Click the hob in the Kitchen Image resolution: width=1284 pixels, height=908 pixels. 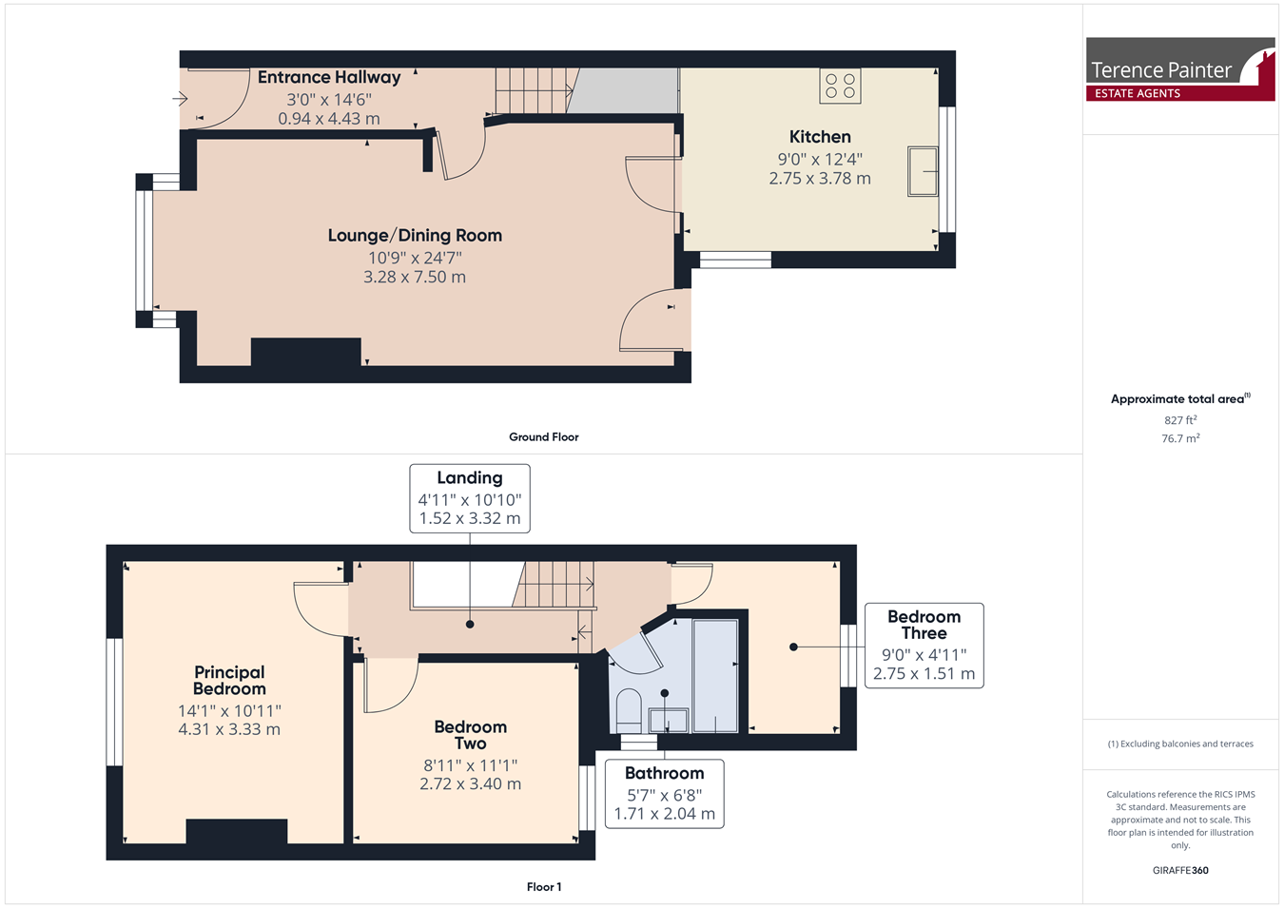(840, 86)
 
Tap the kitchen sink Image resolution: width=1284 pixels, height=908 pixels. (923, 171)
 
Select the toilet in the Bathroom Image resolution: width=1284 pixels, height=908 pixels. (629, 710)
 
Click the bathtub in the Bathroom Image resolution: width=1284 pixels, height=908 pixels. (715, 676)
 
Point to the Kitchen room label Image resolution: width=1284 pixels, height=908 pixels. (820, 137)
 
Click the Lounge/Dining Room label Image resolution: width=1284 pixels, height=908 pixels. (415, 236)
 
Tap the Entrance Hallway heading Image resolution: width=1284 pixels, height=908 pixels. (329, 77)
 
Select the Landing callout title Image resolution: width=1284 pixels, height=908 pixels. (470, 478)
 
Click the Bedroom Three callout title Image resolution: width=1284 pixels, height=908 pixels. (924, 625)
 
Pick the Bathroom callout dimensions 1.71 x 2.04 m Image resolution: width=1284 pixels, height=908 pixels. (665, 814)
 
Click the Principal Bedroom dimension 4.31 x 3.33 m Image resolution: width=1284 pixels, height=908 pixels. (229, 729)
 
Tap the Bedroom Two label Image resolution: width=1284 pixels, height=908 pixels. (471, 735)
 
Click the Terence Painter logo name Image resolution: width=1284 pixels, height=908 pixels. (1160, 70)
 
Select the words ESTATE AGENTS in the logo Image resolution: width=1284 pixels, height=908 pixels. (1138, 93)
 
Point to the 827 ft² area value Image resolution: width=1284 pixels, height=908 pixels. (1180, 420)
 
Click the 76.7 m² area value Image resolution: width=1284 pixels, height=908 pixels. (1180, 438)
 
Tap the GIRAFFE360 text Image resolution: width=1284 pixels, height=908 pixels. (1180, 870)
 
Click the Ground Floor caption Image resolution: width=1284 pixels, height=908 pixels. (543, 437)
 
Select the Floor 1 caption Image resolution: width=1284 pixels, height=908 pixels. (543, 887)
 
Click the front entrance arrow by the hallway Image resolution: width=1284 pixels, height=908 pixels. (180, 99)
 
